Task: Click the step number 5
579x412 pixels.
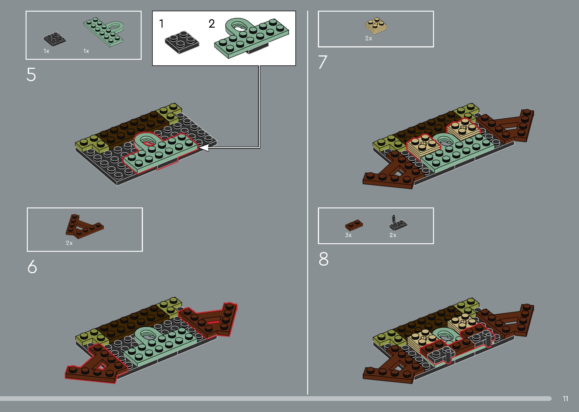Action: (x=31, y=75)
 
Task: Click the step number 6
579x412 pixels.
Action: (x=32, y=267)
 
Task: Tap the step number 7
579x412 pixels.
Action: (x=323, y=62)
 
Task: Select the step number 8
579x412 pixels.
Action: (x=324, y=259)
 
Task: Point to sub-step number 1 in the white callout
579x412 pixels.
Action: (x=161, y=24)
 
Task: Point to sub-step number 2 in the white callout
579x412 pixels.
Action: (x=212, y=24)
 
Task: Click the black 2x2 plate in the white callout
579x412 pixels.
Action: (x=182, y=42)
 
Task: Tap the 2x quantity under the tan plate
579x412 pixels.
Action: (x=368, y=39)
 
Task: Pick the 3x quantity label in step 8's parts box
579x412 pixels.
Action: (x=348, y=235)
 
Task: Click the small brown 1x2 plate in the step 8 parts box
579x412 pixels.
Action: (x=354, y=225)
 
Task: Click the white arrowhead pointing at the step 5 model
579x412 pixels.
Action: (x=204, y=147)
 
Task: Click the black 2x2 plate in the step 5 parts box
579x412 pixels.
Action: (x=54, y=39)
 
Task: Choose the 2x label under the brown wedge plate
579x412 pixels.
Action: (x=69, y=243)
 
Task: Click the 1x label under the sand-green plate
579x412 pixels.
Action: (x=86, y=51)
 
